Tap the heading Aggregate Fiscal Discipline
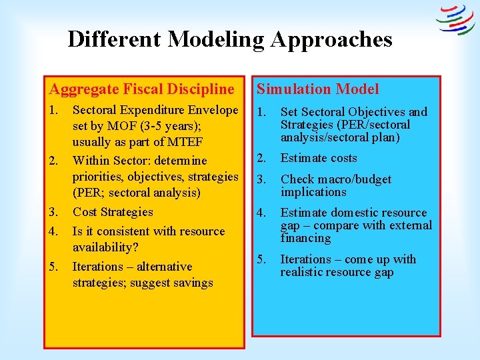[x=141, y=89]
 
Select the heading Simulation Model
[x=318, y=89]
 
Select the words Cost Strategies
[x=113, y=212]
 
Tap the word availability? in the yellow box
[x=104, y=247]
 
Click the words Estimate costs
[x=319, y=158]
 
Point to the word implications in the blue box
[x=313, y=192]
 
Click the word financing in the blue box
[x=305, y=238]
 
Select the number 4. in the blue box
[x=262, y=213]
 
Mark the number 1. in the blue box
[x=262, y=112]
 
